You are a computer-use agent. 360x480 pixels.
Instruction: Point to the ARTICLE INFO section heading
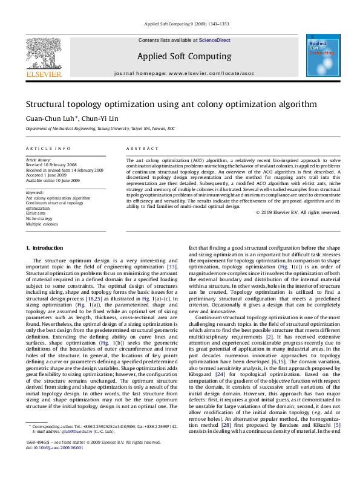(48, 148)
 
